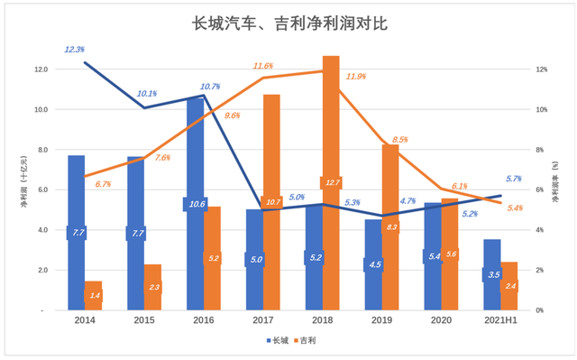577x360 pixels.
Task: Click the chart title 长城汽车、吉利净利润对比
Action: click(x=288, y=23)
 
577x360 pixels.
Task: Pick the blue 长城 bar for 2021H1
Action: click(x=491, y=289)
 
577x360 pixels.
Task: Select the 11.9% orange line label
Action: click(x=355, y=77)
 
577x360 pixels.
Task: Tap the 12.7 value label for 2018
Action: click(x=331, y=183)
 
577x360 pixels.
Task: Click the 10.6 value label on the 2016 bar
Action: click(x=196, y=205)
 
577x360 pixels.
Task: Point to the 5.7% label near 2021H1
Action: click(x=514, y=179)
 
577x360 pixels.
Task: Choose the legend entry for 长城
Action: click(x=279, y=340)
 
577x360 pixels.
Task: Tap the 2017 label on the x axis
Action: click(x=262, y=320)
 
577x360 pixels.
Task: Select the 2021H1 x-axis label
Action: click(x=500, y=320)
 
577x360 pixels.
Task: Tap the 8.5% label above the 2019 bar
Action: click(x=400, y=140)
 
